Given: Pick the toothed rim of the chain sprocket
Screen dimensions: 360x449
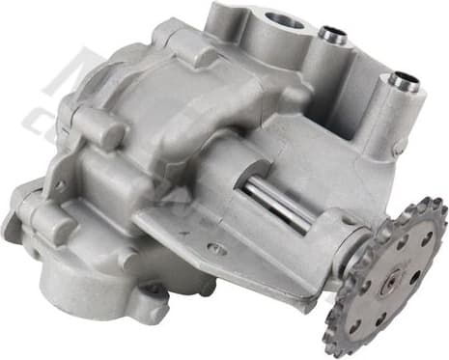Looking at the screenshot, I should click(431, 290).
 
